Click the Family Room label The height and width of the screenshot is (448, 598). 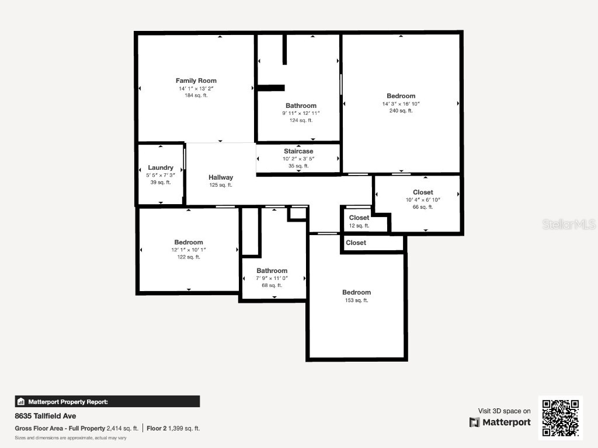(196, 80)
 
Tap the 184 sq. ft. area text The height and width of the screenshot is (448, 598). (196, 95)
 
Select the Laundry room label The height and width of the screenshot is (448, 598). (161, 167)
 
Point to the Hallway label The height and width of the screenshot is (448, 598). (221, 177)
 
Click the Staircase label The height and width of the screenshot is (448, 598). (298, 151)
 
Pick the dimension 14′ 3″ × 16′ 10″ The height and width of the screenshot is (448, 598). (401, 103)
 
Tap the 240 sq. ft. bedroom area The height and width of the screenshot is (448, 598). (401, 110)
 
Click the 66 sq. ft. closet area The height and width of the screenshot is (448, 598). (423, 206)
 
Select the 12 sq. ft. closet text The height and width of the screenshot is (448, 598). (359, 225)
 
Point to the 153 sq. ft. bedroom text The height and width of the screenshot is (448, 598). (356, 300)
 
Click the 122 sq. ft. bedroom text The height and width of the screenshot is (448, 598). (188, 257)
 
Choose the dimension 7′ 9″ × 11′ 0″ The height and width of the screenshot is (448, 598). (272, 278)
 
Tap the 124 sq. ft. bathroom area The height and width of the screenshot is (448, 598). (301, 120)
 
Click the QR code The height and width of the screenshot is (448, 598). (560, 418)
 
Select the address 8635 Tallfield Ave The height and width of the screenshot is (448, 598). (46, 416)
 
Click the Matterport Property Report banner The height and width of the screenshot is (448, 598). (107, 401)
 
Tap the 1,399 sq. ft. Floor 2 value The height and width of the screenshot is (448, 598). (184, 428)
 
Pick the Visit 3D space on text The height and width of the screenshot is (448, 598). (505, 411)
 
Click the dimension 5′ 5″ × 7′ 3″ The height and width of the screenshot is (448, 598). (161, 175)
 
